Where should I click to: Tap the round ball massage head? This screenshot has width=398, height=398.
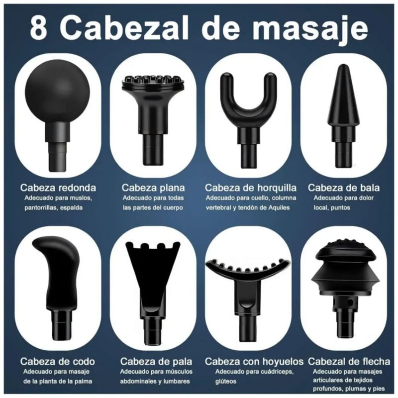pyautogui.click(x=57, y=115)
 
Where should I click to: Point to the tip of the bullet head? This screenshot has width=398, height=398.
pyautogui.click(x=343, y=65)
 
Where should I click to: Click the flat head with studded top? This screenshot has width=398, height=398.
pyautogui.click(x=153, y=119)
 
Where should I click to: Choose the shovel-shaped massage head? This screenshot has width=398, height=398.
pyautogui.click(x=153, y=292)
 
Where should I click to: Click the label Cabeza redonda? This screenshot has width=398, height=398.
pyautogui.click(x=58, y=188)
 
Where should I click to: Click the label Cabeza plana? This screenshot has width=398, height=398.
pyautogui.click(x=153, y=188)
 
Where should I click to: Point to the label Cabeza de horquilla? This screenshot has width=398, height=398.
pyautogui.click(x=251, y=188)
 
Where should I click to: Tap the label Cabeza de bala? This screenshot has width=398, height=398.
pyautogui.click(x=344, y=188)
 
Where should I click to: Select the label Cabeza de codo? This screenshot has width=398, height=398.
pyautogui.click(x=58, y=362)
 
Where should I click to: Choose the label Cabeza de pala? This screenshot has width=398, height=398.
pyautogui.click(x=156, y=362)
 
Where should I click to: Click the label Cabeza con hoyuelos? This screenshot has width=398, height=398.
pyautogui.click(x=254, y=362)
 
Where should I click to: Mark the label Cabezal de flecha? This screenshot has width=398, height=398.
pyautogui.click(x=349, y=362)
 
